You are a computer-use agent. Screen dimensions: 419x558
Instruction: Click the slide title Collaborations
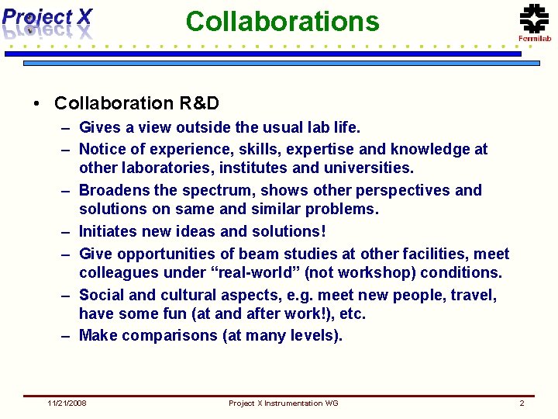pos(282,21)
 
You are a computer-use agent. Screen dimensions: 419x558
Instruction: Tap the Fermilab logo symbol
pos(533,18)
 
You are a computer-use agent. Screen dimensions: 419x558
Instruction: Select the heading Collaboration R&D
pos(136,103)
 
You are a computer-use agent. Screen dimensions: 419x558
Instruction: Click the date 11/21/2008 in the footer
pos(67,403)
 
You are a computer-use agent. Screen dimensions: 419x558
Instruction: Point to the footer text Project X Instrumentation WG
pos(283,403)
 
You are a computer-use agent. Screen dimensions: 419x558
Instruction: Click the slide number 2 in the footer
pos(522,403)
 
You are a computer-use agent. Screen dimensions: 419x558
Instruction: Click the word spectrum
pos(215,190)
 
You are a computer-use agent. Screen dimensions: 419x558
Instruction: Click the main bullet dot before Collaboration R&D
pos(36,104)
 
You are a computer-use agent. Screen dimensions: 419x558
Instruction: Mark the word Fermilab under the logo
pos(534,39)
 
